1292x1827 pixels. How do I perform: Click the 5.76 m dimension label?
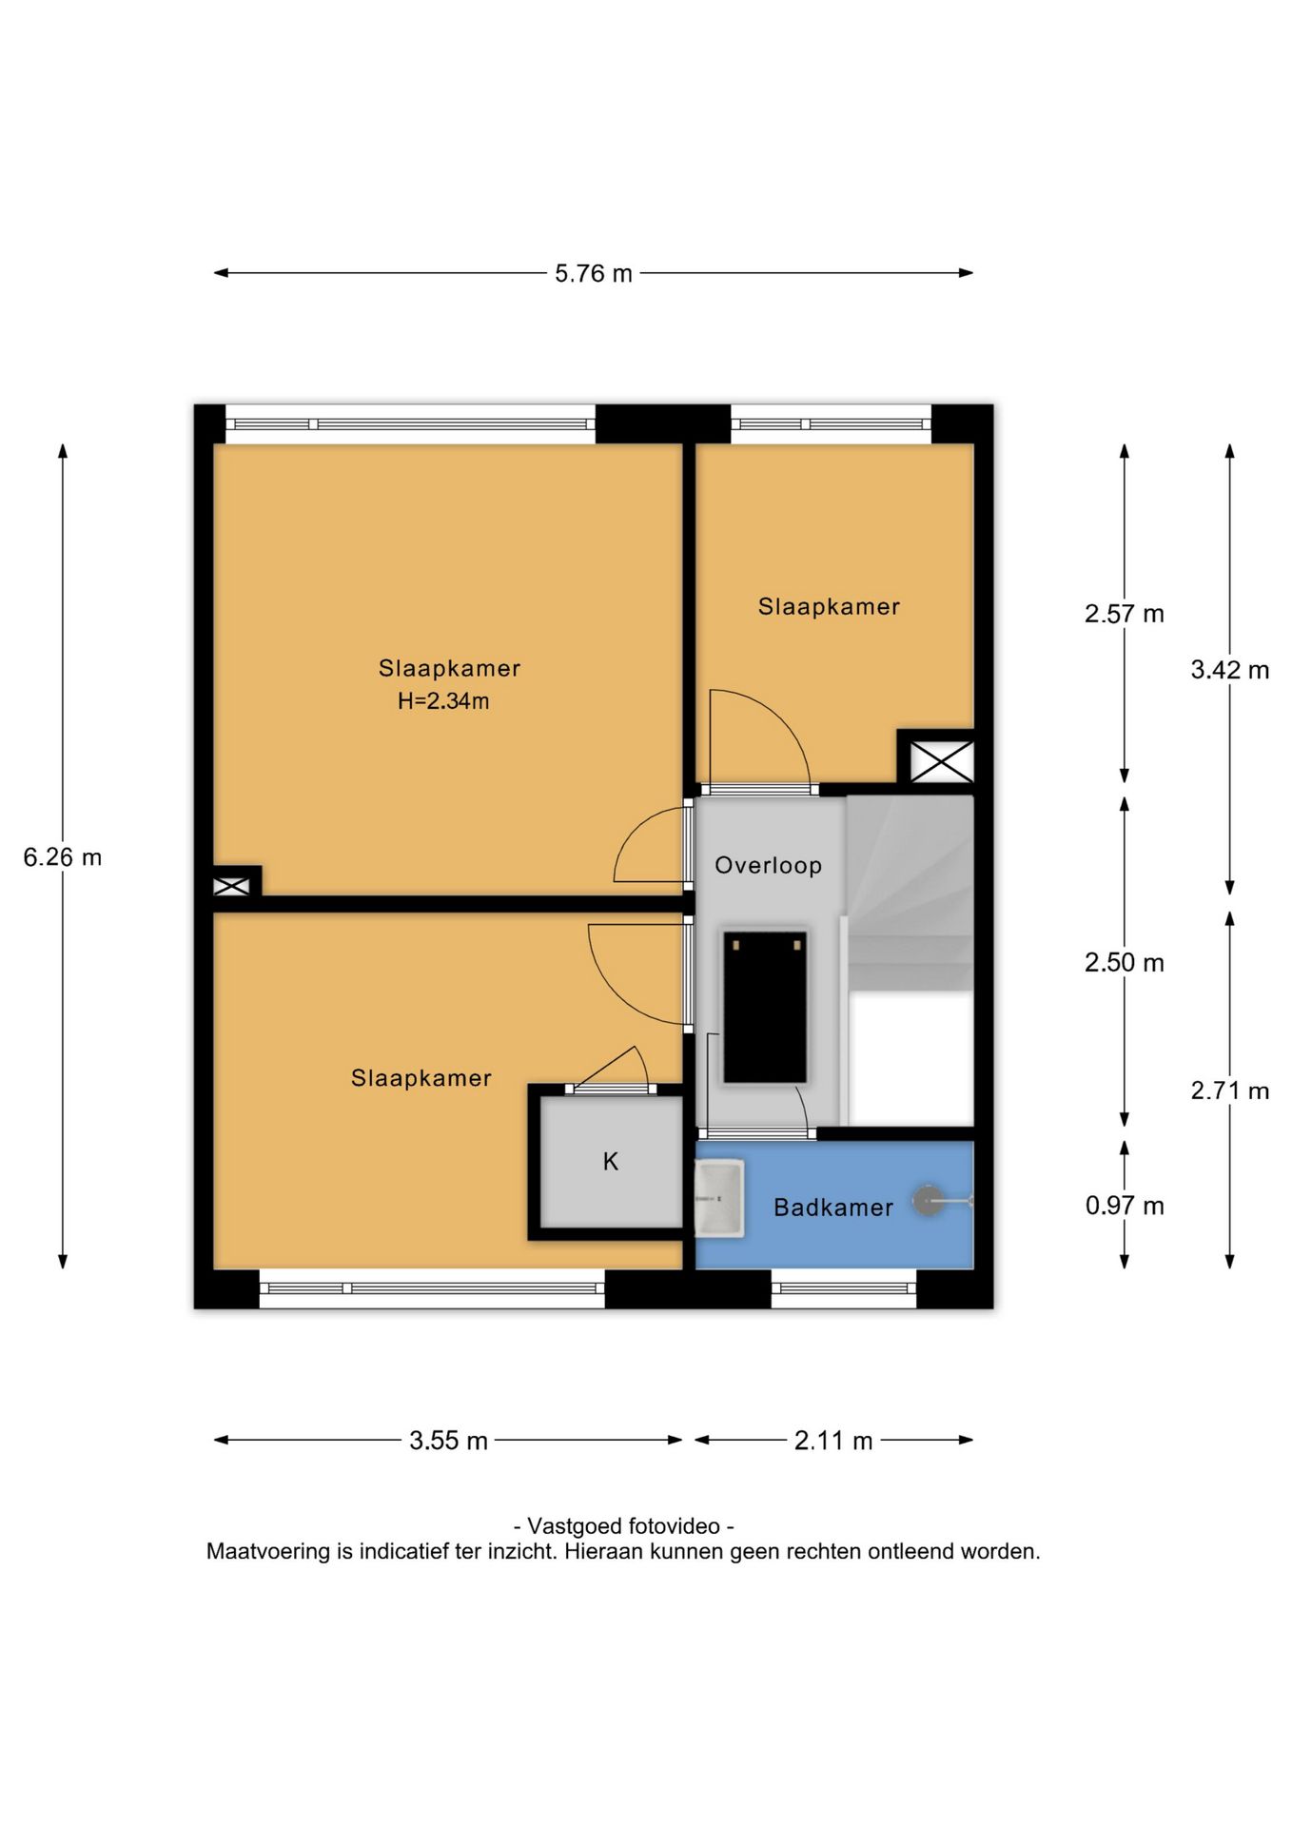pyautogui.click(x=594, y=273)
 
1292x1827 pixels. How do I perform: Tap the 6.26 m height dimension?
pyautogui.click(x=63, y=857)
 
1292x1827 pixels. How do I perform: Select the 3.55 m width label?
pyautogui.click(x=448, y=1441)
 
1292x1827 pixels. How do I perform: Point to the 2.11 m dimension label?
pyautogui.click(x=833, y=1441)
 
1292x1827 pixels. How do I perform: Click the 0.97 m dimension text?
pyautogui.click(x=1125, y=1206)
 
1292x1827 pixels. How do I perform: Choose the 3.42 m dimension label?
pyautogui.click(x=1230, y=670)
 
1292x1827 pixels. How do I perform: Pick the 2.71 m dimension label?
pyautogui.click(x=1230, y=1090)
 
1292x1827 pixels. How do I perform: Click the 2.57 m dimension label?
pyautogui.click(x=1125, y=614)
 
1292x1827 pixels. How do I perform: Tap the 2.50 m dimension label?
pyautogui.click(x=1125, y=962)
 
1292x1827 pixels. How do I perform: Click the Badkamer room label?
pyautogui.click(x=833, y=1208)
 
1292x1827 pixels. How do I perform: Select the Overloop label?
pyautogui.click(x=769, y=865)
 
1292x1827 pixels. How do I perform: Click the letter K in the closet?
pyautogui.click(x=611, y=1161)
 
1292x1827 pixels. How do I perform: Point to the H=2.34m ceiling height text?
pyautogui.click(x=443, y=701)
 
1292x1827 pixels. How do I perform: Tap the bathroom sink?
pyautogui.click(x=719, y=1198)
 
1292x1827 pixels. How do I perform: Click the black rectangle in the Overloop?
pyautogui.click(x=765, y=1007)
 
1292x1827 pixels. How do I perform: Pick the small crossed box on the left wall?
pyautogui.click(x=231, y=886)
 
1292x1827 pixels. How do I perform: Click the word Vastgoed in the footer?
pyautogui.click(x=576, y=1526)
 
